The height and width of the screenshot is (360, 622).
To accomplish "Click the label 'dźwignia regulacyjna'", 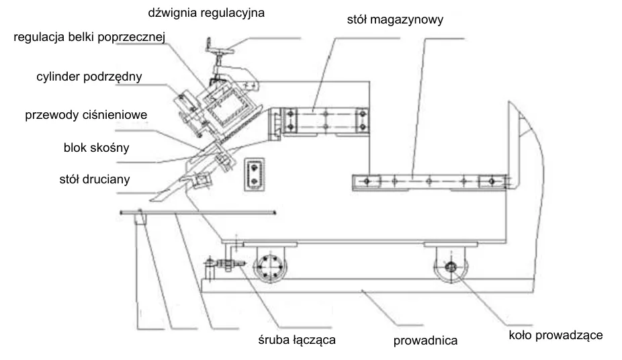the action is tap(206, 13).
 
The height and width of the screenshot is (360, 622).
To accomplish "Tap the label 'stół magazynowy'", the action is tap(395, 19).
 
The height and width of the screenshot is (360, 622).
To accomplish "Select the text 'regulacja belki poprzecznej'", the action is tap(89, 37).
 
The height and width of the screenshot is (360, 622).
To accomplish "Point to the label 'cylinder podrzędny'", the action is tap(89, 77).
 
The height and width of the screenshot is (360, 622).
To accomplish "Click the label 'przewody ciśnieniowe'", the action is tap(86, 115).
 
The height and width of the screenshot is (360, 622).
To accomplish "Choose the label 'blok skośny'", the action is tap(97, 148).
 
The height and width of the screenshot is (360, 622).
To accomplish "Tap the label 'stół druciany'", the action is tap(95, 179).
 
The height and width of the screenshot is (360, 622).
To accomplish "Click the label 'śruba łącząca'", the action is tap(297, 340).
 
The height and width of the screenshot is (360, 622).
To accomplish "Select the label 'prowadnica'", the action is tap(425, 341).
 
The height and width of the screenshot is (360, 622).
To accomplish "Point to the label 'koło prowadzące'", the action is tap(556, 335).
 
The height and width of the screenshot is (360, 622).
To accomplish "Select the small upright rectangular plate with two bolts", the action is tap(254, 175).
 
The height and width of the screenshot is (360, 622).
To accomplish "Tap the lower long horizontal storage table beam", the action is tap(430, 182).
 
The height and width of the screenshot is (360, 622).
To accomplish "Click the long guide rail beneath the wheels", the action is tap(367, 285).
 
